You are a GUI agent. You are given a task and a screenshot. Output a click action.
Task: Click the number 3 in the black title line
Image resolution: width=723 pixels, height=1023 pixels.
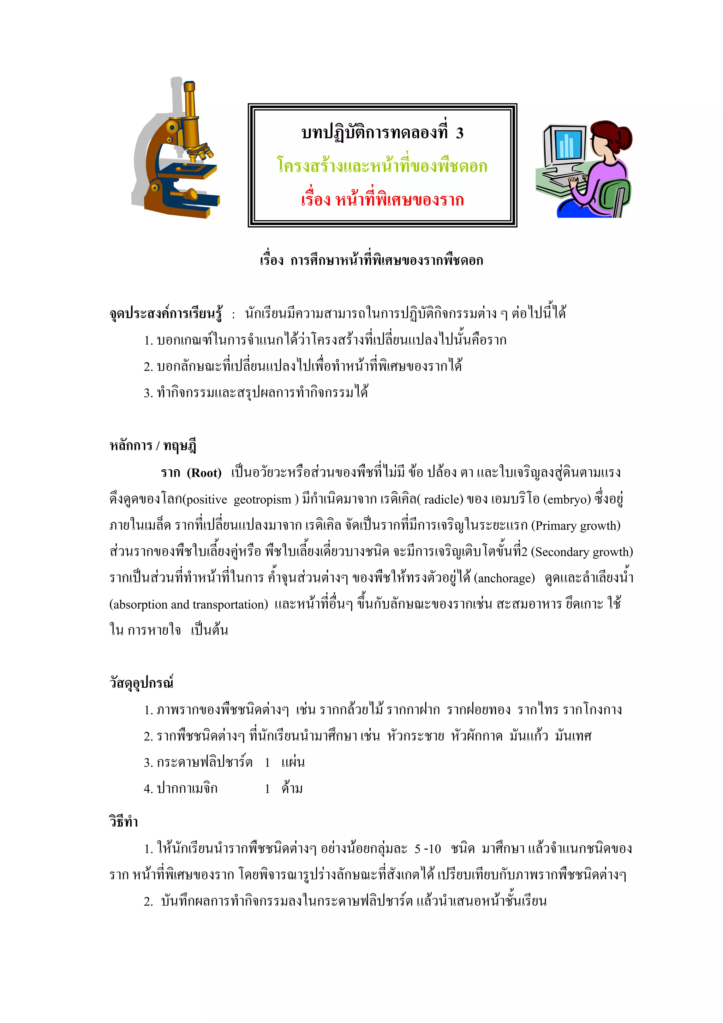click(459, 133)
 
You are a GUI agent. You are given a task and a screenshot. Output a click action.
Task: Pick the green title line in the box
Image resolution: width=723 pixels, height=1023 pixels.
click(382, 166)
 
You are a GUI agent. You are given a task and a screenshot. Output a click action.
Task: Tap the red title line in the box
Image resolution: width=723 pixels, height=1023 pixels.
click(382, 199)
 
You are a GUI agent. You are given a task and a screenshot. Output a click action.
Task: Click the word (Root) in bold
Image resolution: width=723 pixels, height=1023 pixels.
click(204, 473)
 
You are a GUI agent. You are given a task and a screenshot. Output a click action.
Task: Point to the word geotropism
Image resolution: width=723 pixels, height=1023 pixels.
click(262, 499)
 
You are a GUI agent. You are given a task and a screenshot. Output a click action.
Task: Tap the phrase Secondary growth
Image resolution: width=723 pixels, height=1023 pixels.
click(584, 552)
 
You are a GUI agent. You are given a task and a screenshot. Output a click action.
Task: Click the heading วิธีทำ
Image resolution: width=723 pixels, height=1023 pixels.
click(124, 821)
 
